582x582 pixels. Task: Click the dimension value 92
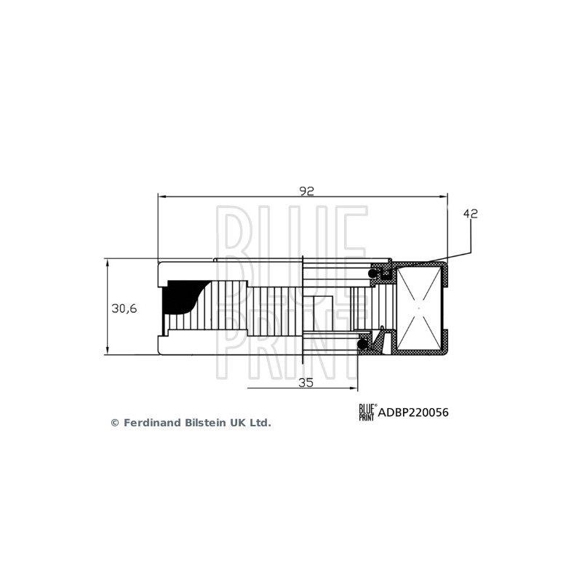(306, 191)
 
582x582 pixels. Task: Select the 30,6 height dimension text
(124, 308)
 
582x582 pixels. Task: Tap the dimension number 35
(306, 383)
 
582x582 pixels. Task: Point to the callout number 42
(470, 214)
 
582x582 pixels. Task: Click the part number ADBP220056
(413, 412)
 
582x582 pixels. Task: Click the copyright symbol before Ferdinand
(114, 423)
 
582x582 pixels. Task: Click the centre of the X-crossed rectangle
(420, 308)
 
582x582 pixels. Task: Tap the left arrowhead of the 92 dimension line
(161, 196)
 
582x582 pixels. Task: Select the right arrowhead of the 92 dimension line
(445, 196)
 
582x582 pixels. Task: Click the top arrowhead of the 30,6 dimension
(107, 261)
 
